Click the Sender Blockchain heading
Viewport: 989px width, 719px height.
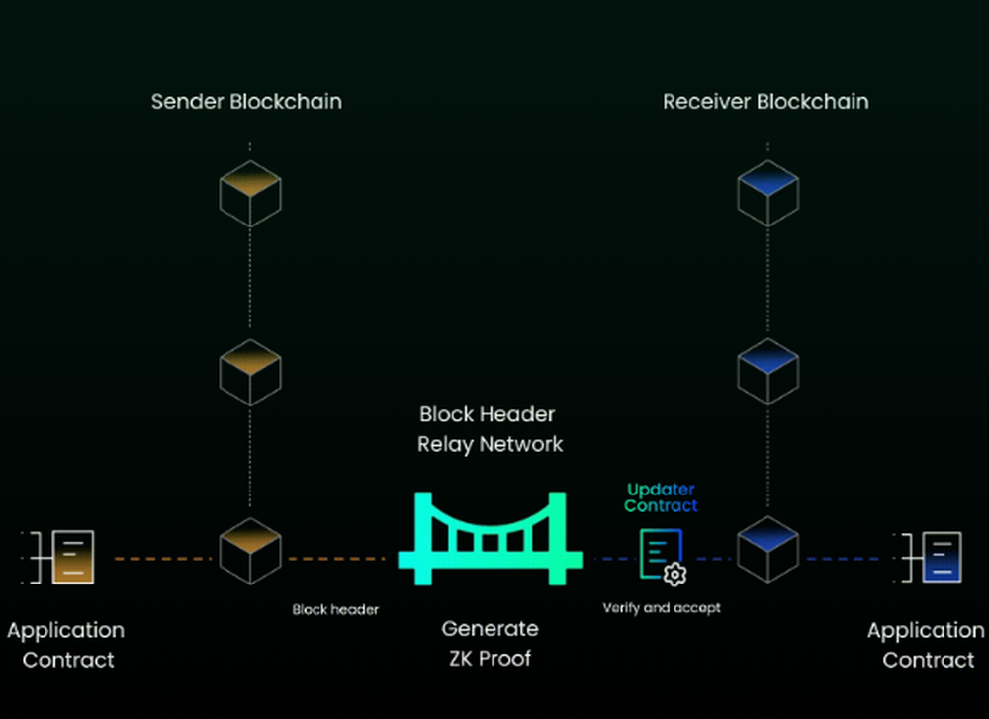(246, 101)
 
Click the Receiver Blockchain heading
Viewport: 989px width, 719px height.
(765, 101)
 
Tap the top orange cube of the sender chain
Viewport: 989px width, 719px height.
(249, 194)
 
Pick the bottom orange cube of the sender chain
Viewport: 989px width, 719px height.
(249, 550)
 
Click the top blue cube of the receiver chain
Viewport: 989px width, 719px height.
(767, 194)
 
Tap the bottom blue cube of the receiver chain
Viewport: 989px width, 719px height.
(767, 550)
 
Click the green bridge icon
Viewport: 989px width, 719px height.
(490, 539)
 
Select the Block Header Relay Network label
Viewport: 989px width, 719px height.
(490, 428)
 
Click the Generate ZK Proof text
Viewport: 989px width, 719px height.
(490, 644)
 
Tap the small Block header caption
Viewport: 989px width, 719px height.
(335, 610)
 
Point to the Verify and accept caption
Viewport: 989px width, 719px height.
(662, 608)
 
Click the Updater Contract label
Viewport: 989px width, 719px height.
(661, 497)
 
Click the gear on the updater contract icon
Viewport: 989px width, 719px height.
(675, 575)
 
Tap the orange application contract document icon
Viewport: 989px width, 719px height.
(72, 557)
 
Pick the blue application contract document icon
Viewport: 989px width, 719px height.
(940, 557)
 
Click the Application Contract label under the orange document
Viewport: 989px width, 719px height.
(66, 645)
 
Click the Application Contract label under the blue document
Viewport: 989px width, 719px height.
(926, 645)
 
